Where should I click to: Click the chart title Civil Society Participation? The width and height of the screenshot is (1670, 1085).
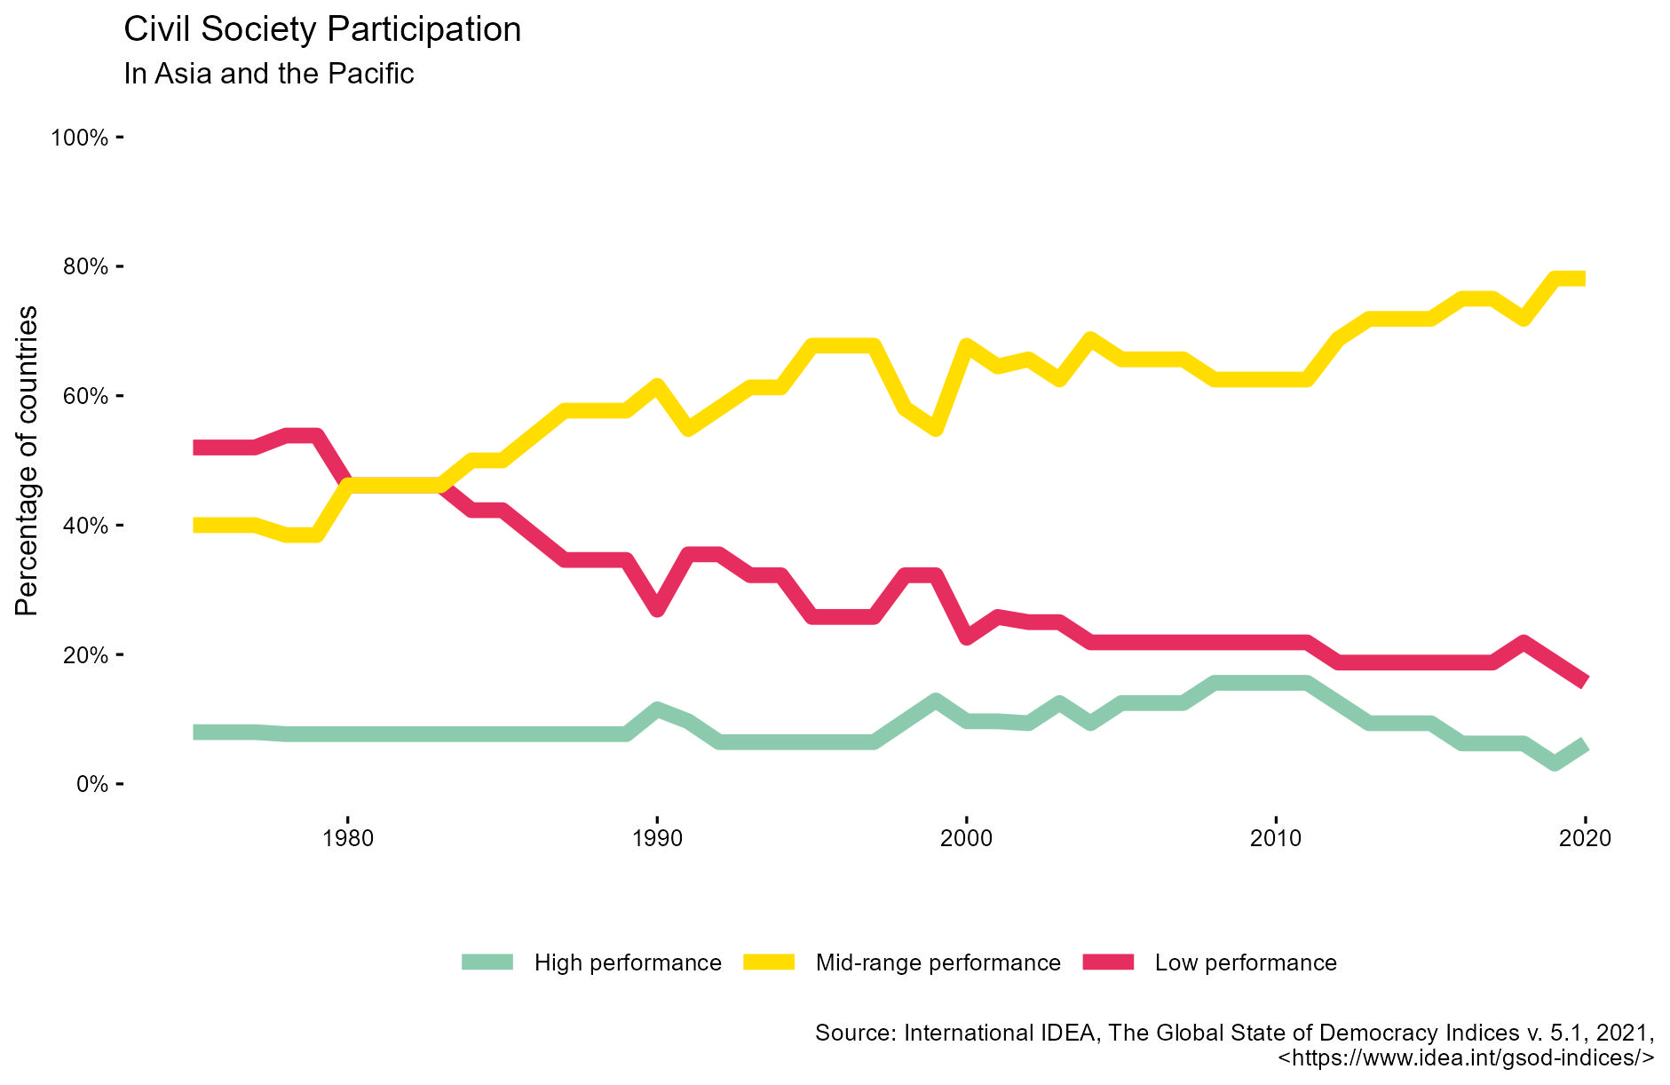[322, 30]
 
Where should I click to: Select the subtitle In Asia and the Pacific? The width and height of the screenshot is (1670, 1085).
[269, 74]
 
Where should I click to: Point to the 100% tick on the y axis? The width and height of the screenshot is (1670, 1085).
[80, 138]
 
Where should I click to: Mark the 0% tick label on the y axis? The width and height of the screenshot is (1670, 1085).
[91, 785]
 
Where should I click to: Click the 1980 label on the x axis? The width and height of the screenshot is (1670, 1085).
[348, 839]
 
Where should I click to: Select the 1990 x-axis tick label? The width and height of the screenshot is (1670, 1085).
[657, 839]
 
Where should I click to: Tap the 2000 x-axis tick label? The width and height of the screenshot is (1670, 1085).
[966, 839]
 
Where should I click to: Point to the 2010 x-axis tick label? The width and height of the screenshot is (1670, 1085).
[1276, 839]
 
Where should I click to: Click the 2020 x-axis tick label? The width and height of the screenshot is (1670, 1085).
[1585, 839]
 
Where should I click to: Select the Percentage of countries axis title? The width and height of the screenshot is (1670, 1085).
[28, 460]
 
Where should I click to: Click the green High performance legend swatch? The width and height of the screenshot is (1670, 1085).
[487, 962]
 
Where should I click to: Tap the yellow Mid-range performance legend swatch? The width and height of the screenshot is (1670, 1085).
[769, 962]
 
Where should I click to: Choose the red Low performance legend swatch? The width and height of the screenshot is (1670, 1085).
[1108, 962]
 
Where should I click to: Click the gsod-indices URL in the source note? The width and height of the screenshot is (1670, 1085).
[1466, 1058]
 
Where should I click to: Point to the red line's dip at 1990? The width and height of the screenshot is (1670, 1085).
[657, 609]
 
